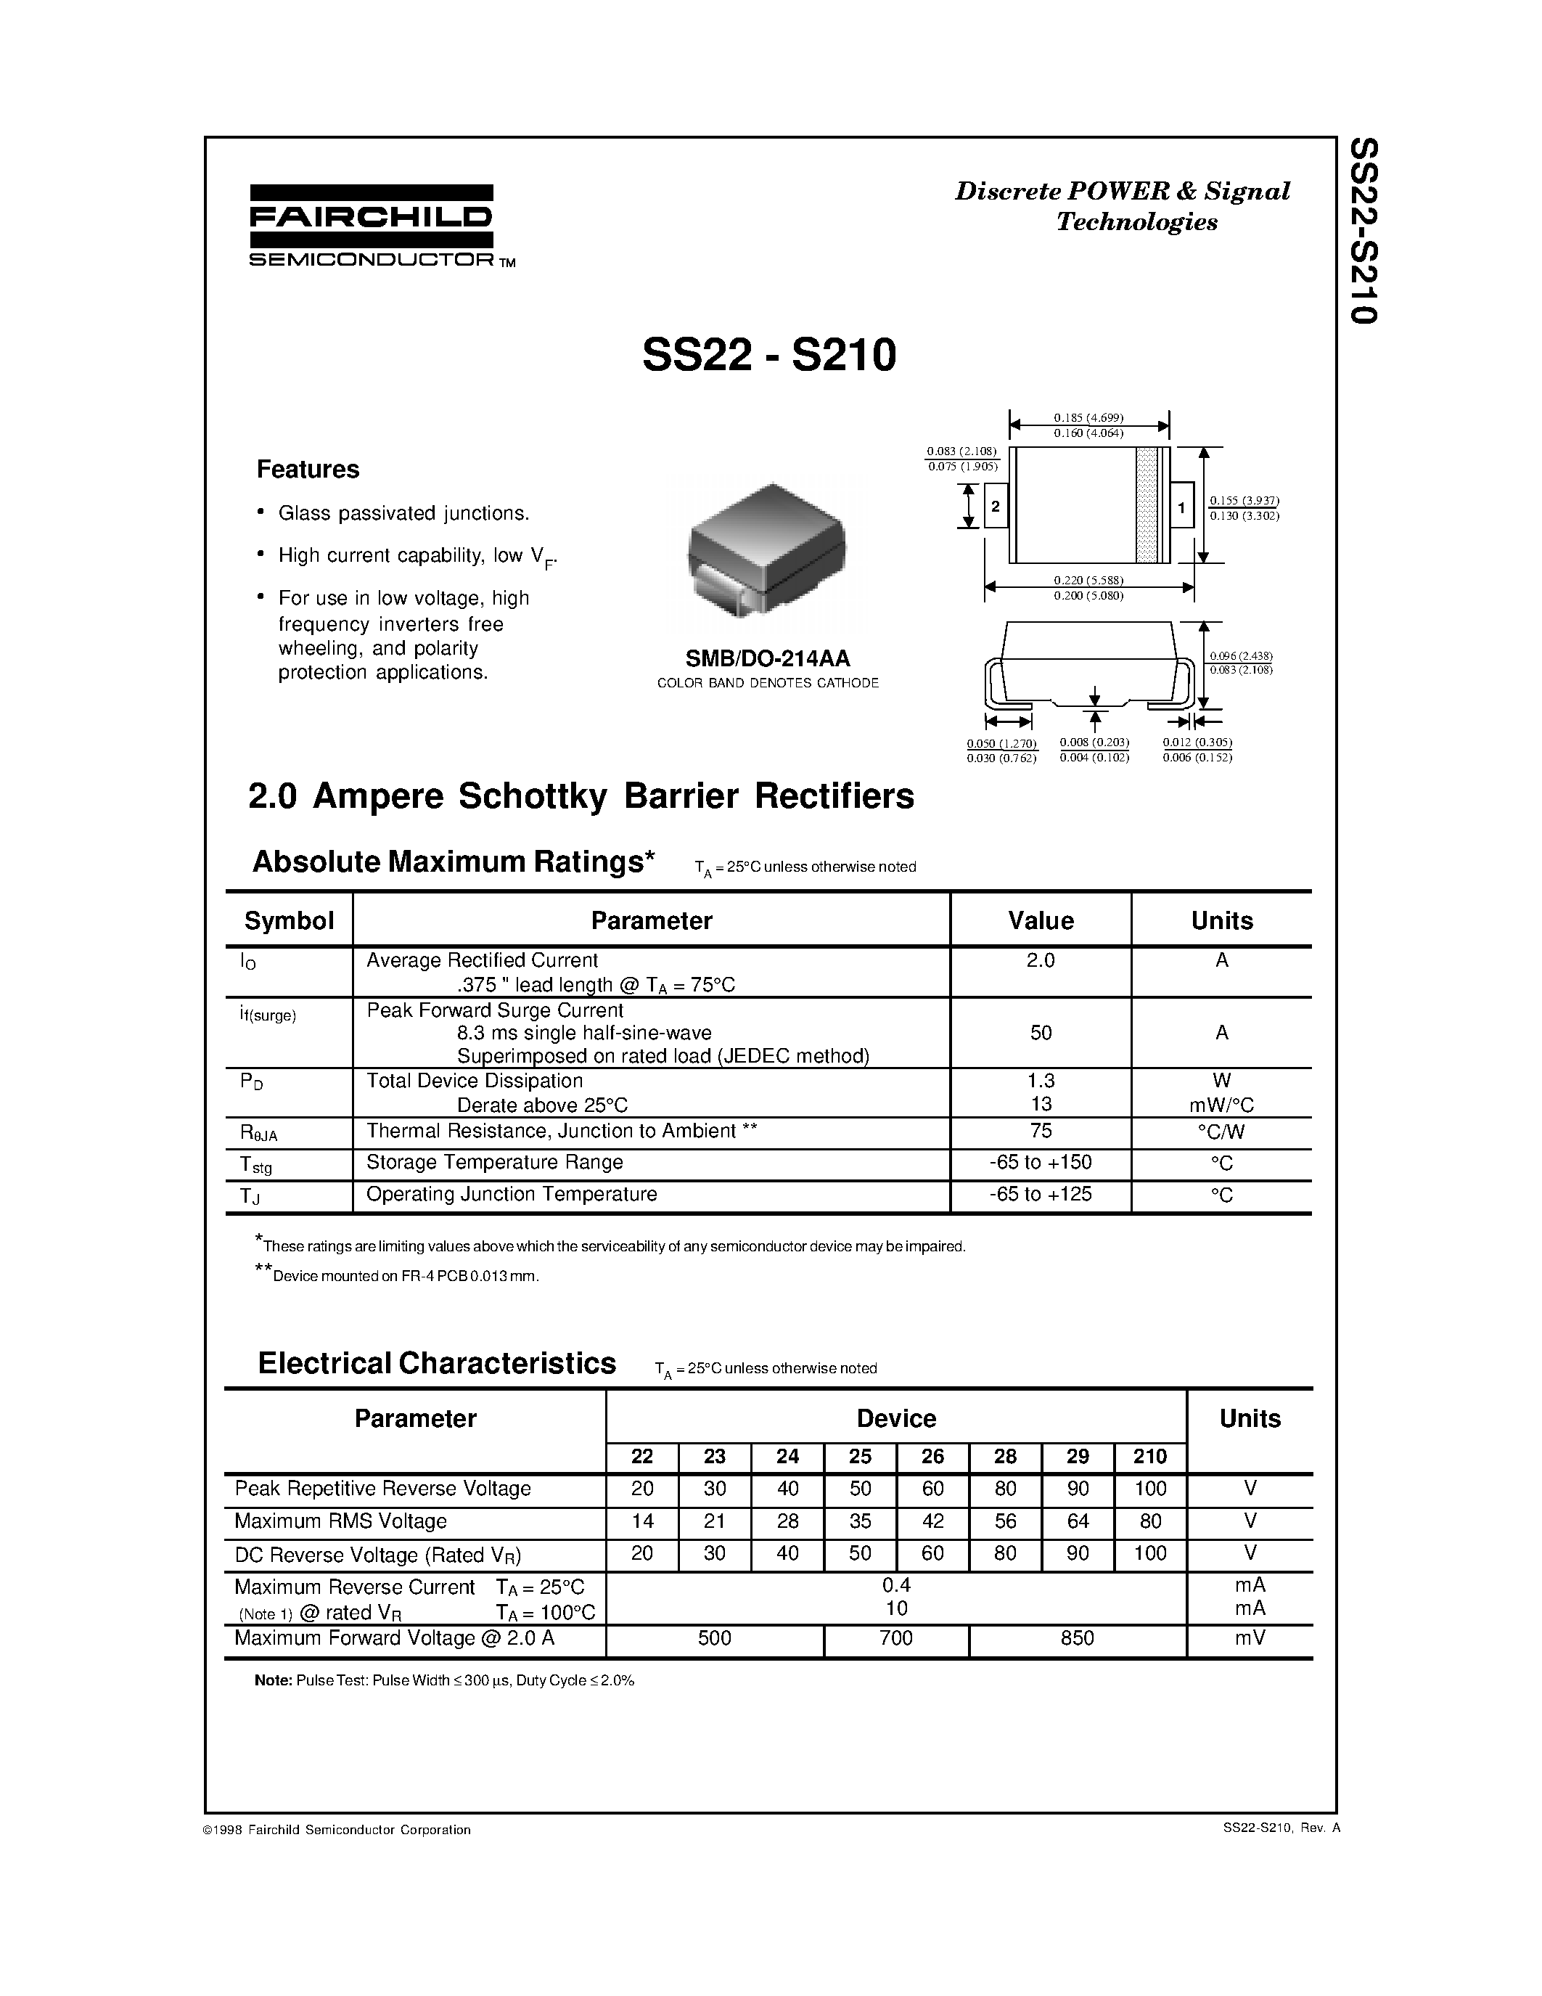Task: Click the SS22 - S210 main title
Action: click(x=769, y=356)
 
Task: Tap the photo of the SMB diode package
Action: click(x=766, y=552)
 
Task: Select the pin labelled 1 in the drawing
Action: click(x=1181, y=507)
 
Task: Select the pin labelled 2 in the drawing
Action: click(x=995, y=507)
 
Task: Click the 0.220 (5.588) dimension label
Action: click(x=1088, y=579)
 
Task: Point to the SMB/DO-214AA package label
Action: click(x=767, y=658)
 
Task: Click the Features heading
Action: click(x=308, y=470)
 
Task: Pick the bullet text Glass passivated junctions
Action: click(x=403, y=514)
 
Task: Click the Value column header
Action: click(x=1041, y=920)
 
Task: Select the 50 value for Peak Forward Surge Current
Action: click(x=1041, y=1033)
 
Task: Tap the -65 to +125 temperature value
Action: click(x=1041, y=1193)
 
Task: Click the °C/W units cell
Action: click(x=1221, y=1132)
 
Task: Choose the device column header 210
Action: click(x=1150, y=1456)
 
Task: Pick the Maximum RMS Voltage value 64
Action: click(x=1078, y=1521)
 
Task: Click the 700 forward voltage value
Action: click(x=896, y=1637)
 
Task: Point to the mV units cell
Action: click(x=1250, y=1637)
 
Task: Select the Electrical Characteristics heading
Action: click(x=437, y=1364)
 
